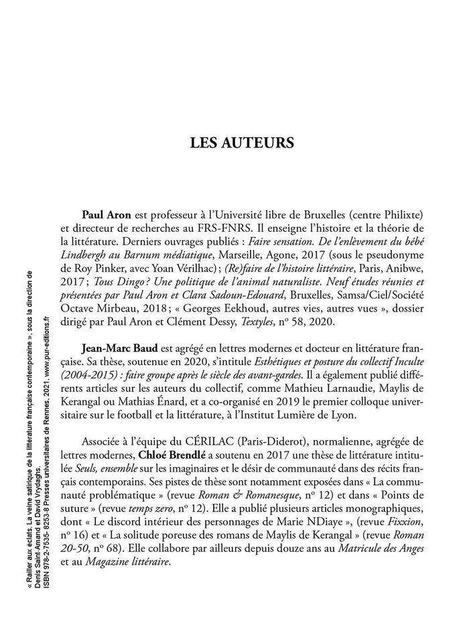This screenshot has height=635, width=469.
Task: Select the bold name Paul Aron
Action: [106, 216]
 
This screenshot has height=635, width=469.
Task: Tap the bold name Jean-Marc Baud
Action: [119, 349]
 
